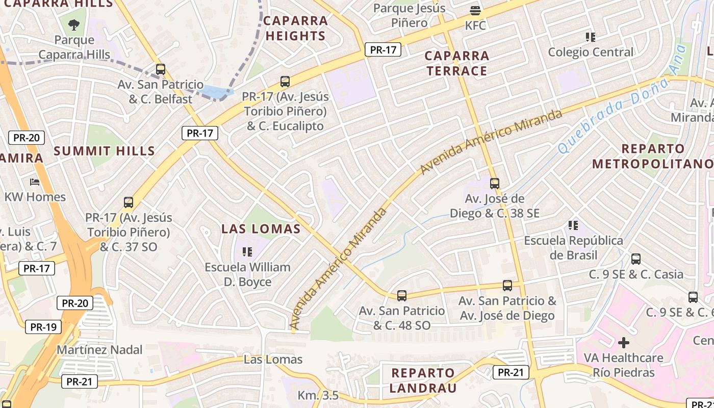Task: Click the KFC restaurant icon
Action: (475, 10)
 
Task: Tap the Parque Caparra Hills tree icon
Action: (74, 24)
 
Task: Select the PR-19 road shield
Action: (43, 327)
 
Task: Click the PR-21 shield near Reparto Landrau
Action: (511, 372)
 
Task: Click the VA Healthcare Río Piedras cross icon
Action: (623, 342)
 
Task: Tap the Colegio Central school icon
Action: (591, 37)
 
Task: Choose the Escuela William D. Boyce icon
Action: (247, 251)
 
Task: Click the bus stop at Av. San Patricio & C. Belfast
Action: (161, 69)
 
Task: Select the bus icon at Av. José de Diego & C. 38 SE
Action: (494, 183)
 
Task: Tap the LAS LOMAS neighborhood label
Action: (261, 229)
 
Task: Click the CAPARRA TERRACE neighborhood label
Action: (457, 63)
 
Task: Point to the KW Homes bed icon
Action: (35, 182)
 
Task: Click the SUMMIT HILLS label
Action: (104, 151)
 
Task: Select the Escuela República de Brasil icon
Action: (573, 225)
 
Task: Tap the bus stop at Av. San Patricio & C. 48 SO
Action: (402, 295)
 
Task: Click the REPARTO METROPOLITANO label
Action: (653, 157)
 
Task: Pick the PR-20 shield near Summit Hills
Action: (27, 138)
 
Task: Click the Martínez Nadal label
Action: (99, 350)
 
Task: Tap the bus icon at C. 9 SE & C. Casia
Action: (635, 259)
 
